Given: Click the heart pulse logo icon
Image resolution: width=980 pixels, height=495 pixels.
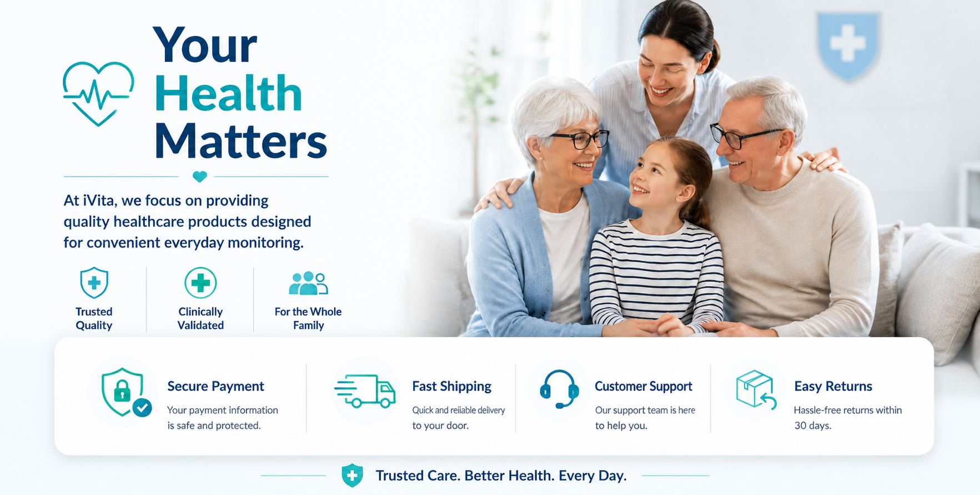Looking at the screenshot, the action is click(x=98, y=93).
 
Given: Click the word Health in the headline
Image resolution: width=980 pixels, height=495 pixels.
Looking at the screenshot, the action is click(x=228, y=93).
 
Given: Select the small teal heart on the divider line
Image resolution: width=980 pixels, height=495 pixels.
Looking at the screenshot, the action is click(x=200, y=176).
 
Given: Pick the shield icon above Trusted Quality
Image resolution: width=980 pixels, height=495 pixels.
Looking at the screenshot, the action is click(x=94, y=283).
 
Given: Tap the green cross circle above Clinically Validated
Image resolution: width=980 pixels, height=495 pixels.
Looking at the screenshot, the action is click(x=200, y=283).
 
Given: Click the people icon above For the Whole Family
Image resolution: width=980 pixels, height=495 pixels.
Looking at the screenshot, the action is click(x=308, y=283).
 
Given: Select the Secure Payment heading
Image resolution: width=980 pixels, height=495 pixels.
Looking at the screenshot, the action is click(x=215, y=386).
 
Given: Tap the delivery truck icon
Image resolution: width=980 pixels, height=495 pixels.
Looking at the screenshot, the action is click(x=365, y=391).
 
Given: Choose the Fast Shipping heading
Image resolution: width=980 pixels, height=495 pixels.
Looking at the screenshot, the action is click(x=452, y=386).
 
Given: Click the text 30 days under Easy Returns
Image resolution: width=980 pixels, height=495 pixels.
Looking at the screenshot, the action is click(x=812, y=426).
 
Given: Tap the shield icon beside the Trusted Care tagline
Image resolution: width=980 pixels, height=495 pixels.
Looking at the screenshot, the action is click(x=352, y=476).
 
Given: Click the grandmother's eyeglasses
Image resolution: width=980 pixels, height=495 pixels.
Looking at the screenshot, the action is click(x=580, y=139).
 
